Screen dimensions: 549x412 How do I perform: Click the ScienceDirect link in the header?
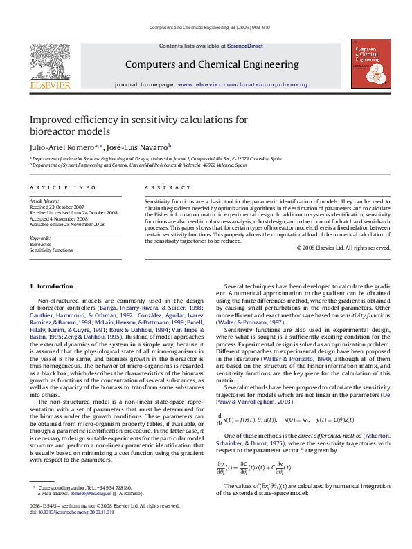pyautogui.click(x=245, y=45)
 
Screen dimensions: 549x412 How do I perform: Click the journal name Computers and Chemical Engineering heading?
pyautogui.click(x=212, y=64)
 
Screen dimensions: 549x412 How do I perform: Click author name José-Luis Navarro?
pyautogui.click(x=141, y=147)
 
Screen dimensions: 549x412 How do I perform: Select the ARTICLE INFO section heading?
pyautogui.click(x=62, y=188)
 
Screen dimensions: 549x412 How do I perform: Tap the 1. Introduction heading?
pyautogui.click(x=51, y=286)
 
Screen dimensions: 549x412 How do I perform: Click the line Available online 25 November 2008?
pyautogui.click(x=66, y=224)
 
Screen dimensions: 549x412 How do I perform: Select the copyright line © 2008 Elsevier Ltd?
pyautogui.click(x=343, y=248)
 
